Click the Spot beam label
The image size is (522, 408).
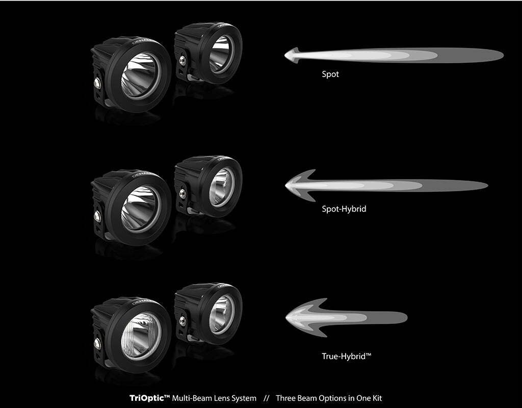(330, 74)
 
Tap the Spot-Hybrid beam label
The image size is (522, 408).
(344, 209)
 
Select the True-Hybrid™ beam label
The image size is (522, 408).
(346, 356)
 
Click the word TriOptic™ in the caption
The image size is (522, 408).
(150, 398)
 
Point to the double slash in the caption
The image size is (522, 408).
(266, 398)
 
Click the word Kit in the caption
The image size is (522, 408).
(377, 398)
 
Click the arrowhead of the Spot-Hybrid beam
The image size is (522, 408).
(300, 185)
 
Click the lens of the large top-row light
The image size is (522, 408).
(141, 75)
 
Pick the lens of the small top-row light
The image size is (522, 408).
(221, 54)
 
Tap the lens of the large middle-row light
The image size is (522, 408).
(141, 209)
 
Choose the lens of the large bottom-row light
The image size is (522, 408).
(141, 336)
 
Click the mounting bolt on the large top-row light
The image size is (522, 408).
(97, 83)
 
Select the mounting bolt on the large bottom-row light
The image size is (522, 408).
(97, 344)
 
